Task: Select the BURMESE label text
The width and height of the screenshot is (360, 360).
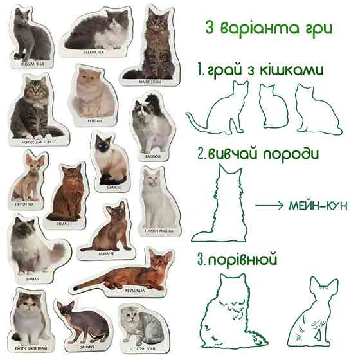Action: [x=105, y=253]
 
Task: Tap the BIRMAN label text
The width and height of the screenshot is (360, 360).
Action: [x=33, y=278]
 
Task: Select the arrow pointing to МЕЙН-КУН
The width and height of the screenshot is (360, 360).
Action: [x=268, y=206]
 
